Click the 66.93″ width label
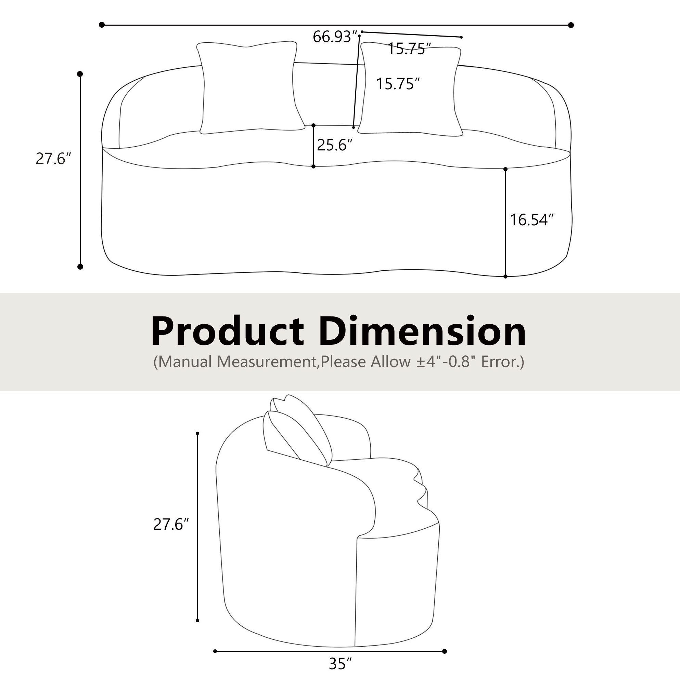[332, 37]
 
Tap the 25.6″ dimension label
[334, 145]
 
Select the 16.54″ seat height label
[531, 220]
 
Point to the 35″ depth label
[341, 664]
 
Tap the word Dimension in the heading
[423, 331]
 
